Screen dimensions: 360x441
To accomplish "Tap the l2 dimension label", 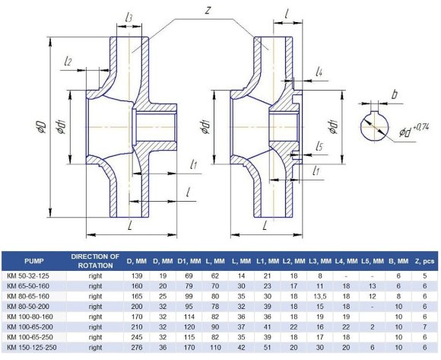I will pos(68,61).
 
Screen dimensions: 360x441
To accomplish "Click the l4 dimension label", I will pos(320,72).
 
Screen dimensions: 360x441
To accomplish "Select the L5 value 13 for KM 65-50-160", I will pos(373,284).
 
